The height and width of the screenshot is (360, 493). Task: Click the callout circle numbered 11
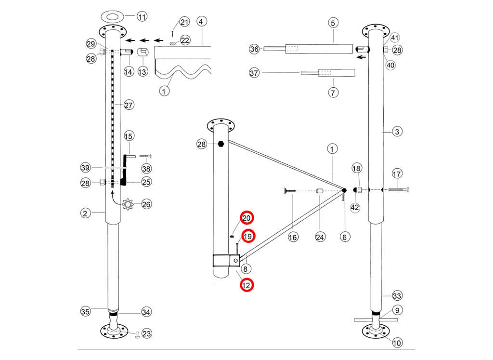click(142, 17)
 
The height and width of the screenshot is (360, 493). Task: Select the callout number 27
click(129, 105)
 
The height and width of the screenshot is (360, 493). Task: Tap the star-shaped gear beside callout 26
click(128, 204)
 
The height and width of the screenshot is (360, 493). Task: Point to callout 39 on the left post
click(86, 167)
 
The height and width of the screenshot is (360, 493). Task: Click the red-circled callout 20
click(246, 218)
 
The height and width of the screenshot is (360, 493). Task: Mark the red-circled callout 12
click(246, 285)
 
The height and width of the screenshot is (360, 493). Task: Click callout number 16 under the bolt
click(293, 237)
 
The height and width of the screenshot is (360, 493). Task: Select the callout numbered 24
click(321, 237)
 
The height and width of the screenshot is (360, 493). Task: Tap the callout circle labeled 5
click(334, 22)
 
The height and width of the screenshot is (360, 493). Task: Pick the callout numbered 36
click(255, 49)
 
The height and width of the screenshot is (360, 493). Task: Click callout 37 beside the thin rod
click(255, 73)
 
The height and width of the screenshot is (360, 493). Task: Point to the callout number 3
click(396, 131)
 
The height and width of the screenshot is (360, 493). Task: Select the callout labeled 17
click(397, 173)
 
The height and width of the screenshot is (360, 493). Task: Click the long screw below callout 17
click(397, 190)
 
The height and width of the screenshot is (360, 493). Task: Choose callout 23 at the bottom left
click(146, 333)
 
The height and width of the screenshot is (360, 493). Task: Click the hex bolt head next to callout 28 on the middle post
click(221, 144)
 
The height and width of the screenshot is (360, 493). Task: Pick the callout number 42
click(355, 208)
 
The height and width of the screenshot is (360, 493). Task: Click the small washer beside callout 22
click(172, 43)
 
